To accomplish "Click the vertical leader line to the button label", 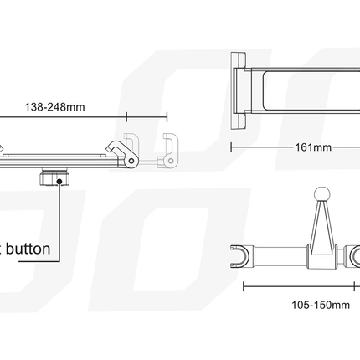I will click(x=59, y=218).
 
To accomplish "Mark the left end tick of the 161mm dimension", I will click(x=232, y=145).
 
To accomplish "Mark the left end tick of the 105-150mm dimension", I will click(x=244, y=285).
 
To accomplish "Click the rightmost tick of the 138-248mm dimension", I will click(x=167, y=117).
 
